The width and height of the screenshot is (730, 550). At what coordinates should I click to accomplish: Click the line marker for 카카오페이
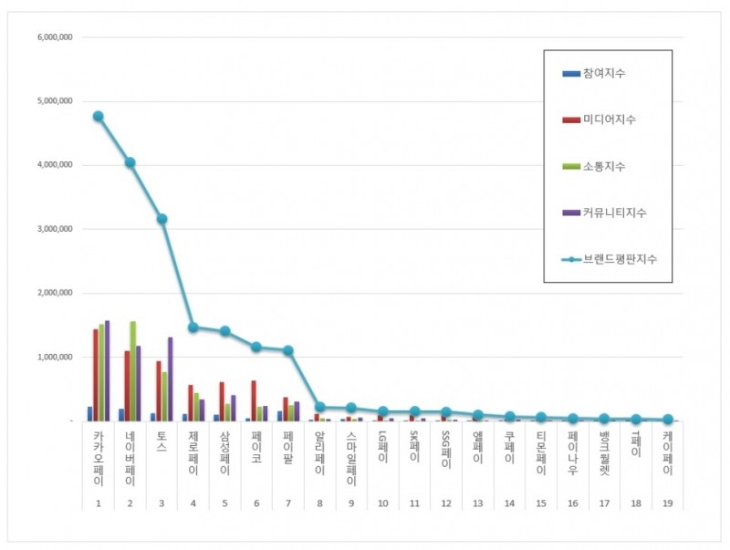point(98,117)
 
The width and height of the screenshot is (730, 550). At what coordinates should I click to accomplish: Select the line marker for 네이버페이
point(130,162)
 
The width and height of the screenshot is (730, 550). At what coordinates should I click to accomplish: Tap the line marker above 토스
point(162,219)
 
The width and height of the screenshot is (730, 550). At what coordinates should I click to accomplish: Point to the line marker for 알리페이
point(319,408)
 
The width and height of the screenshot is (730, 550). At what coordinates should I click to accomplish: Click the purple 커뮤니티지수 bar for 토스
point(170,379)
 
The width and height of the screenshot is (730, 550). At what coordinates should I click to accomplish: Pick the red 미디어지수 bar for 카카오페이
point(95,375)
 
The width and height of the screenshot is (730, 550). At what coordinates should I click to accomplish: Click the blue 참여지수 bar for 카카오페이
point(89,414)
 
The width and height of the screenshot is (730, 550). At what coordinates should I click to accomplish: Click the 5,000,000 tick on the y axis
point(55,101)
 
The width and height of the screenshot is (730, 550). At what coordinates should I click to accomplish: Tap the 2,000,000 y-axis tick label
point(55,294)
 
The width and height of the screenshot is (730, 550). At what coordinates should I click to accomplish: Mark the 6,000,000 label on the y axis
point(55,37)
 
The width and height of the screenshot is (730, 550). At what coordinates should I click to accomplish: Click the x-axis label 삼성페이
point(224,454)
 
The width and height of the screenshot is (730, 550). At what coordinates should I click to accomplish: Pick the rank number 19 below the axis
point(667,503)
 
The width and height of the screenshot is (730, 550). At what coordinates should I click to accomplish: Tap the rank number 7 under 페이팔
point(288,503)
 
